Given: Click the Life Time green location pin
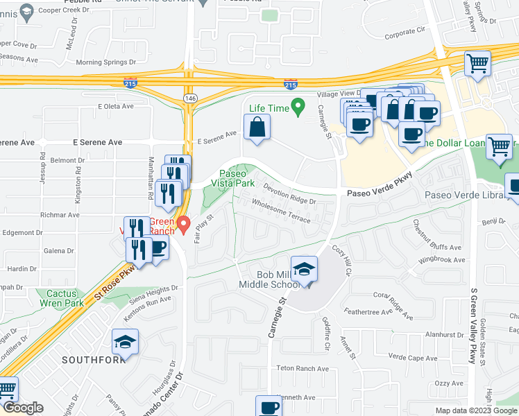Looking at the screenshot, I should [298, 107].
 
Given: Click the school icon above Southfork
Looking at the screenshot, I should [126, 342].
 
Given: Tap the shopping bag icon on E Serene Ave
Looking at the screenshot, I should [257, 128].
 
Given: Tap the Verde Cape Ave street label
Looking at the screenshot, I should [414, 358].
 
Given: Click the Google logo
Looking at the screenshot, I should [23, 408].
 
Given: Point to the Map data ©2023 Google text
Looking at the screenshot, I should [475, 410].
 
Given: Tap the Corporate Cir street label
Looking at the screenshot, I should [405, 32].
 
